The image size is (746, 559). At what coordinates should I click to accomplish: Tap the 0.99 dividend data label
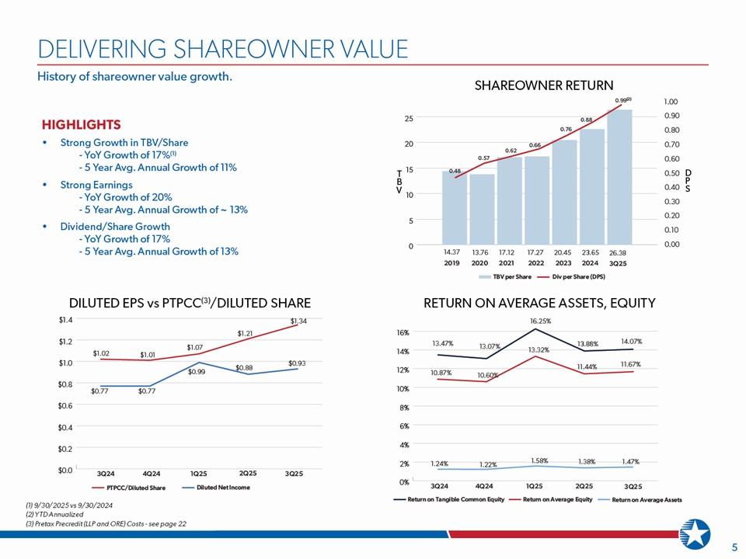620,100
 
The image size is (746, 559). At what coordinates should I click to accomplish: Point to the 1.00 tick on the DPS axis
671,102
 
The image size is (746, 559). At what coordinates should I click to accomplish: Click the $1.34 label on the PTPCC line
298,321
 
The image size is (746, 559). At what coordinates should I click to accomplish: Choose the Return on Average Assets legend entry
647,499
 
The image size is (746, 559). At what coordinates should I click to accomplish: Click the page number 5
734,547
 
